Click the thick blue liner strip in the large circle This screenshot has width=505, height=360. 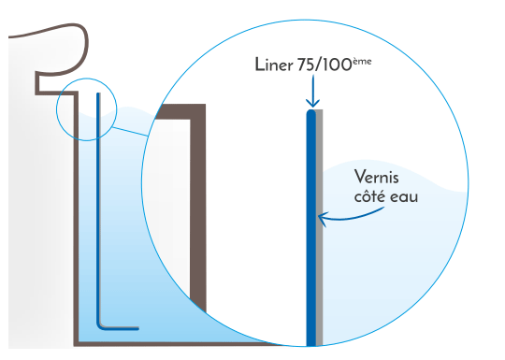(311, 234)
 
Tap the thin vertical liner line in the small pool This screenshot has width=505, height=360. (98, 206)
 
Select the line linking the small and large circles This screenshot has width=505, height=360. (131, 133)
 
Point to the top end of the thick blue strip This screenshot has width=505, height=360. (311, 114)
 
